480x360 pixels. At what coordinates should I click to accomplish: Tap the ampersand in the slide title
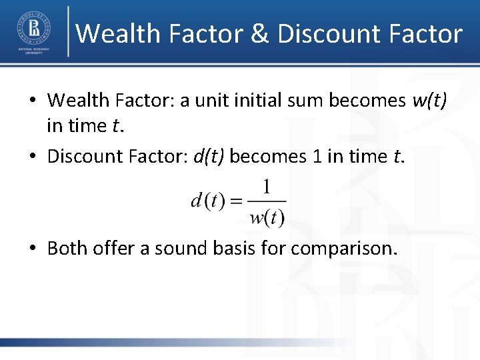coord(261,33)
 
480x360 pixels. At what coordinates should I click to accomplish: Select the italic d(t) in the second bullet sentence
coord(209,156)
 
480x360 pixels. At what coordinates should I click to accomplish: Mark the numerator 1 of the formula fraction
coord(267,188)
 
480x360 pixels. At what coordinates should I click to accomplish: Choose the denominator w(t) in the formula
coord(267,217)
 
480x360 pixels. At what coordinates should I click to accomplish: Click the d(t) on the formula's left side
coord(207,202)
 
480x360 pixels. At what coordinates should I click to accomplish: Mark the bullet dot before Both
coord(33,249)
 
